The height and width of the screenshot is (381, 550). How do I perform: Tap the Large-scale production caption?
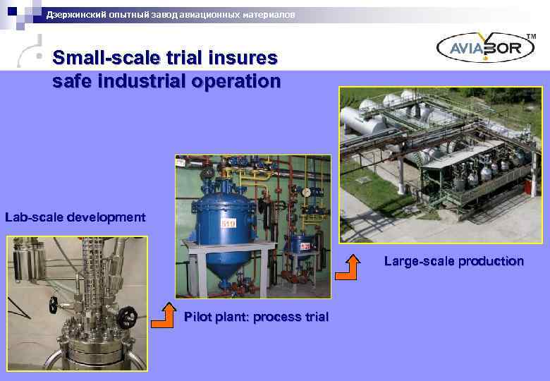(x=453, y=261)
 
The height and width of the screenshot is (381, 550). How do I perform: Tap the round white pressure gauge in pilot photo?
(x=305, y=191)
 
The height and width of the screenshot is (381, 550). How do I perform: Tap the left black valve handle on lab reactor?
(x=54, y=305)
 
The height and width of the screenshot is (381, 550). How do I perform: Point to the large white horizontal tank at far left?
(x=362, y=127)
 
